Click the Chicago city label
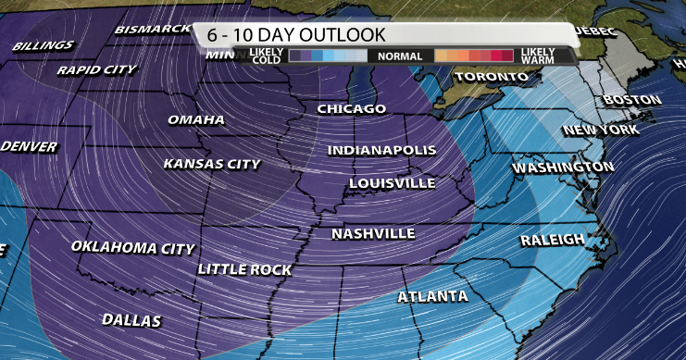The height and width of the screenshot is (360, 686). tap(351, 109)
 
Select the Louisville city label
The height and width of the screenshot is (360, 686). tap(393, 183)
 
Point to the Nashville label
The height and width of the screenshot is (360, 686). tap(373, 233)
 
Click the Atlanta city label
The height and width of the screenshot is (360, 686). tap(432, 297)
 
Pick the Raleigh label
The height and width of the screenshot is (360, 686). tap(553, 241)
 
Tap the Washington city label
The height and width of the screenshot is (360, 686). tap(563, 168)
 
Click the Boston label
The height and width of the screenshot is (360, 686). tap(631, 100)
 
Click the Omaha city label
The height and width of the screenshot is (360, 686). tap(196, 120)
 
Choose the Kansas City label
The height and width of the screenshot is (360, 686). tap(212, 164)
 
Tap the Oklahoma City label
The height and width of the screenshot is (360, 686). tap(133, 248)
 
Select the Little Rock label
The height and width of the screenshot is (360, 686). tap(245, 269)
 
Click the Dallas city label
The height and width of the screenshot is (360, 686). tap(132, 320)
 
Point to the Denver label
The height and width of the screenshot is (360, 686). tap(29, 147)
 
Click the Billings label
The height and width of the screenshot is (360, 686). tap(44, 45)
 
